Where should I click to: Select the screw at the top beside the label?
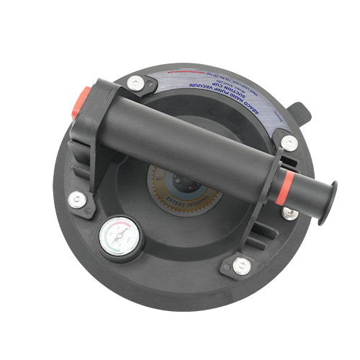pos(135,84)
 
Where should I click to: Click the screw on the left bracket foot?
pos(76,199)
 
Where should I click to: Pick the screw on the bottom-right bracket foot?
pos(242,266)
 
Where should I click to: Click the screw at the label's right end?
pos(289,143)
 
